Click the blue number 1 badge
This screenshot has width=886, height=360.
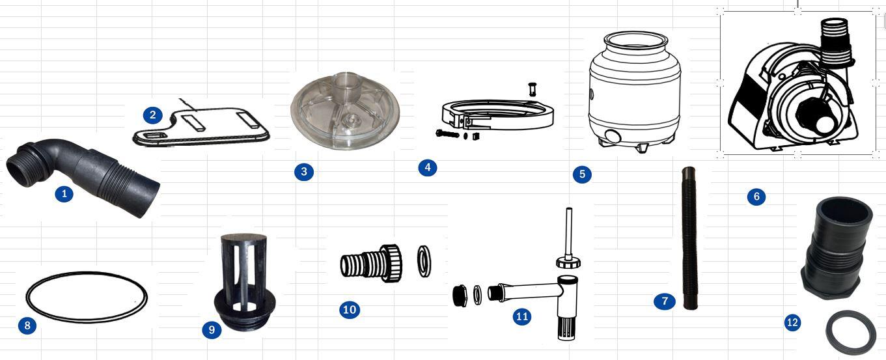[64, 194]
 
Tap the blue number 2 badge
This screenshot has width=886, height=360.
[153, 115]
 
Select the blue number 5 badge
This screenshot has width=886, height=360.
[582, 174]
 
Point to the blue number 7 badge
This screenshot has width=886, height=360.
[665, 301]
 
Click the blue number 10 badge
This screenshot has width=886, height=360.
[350, 309]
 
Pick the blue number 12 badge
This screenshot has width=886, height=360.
[792, 322]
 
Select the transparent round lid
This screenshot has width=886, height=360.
[345, 111]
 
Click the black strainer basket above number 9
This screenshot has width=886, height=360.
[244, 281]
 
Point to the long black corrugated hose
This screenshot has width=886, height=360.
[689, 238]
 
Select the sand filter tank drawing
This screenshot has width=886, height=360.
[635, 91]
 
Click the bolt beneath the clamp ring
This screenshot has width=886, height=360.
[447, 134]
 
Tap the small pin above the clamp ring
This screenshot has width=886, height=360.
[533, 89]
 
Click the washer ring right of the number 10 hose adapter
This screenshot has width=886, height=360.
[424, 261]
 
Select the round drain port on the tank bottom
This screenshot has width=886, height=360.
[613, 137]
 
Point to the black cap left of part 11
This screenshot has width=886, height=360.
[460, 295]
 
